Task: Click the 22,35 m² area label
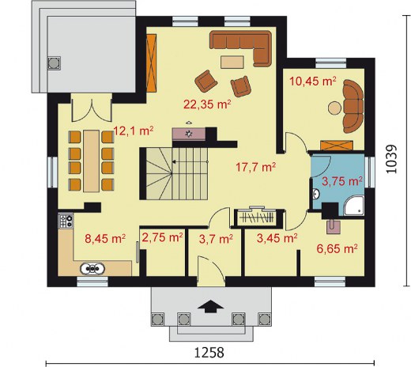(x=207, y=104)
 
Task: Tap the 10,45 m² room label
(x=313, y=81)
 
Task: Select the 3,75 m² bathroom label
(x=342, y=181)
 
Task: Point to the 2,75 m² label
(x=162, y=237)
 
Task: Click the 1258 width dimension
(x=209, y=353)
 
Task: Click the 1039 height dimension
(x=392, y=159)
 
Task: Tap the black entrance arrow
(x=210, y=306)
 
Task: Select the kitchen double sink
(x=92, y=269)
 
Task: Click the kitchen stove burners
(x=66, y=221)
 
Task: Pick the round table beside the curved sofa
(x=334, y=108)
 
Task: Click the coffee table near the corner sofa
(x=232, y=62)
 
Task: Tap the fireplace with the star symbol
(x=189, y=134)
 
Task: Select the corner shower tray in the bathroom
(x=354, y=206)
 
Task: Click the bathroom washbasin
(x=316, y=195)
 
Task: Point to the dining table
(x=92, y=161)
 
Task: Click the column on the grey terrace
(x=54, y=63)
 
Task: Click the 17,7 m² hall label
(x=255, y=167)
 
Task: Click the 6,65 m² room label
(x=337, y=248)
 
